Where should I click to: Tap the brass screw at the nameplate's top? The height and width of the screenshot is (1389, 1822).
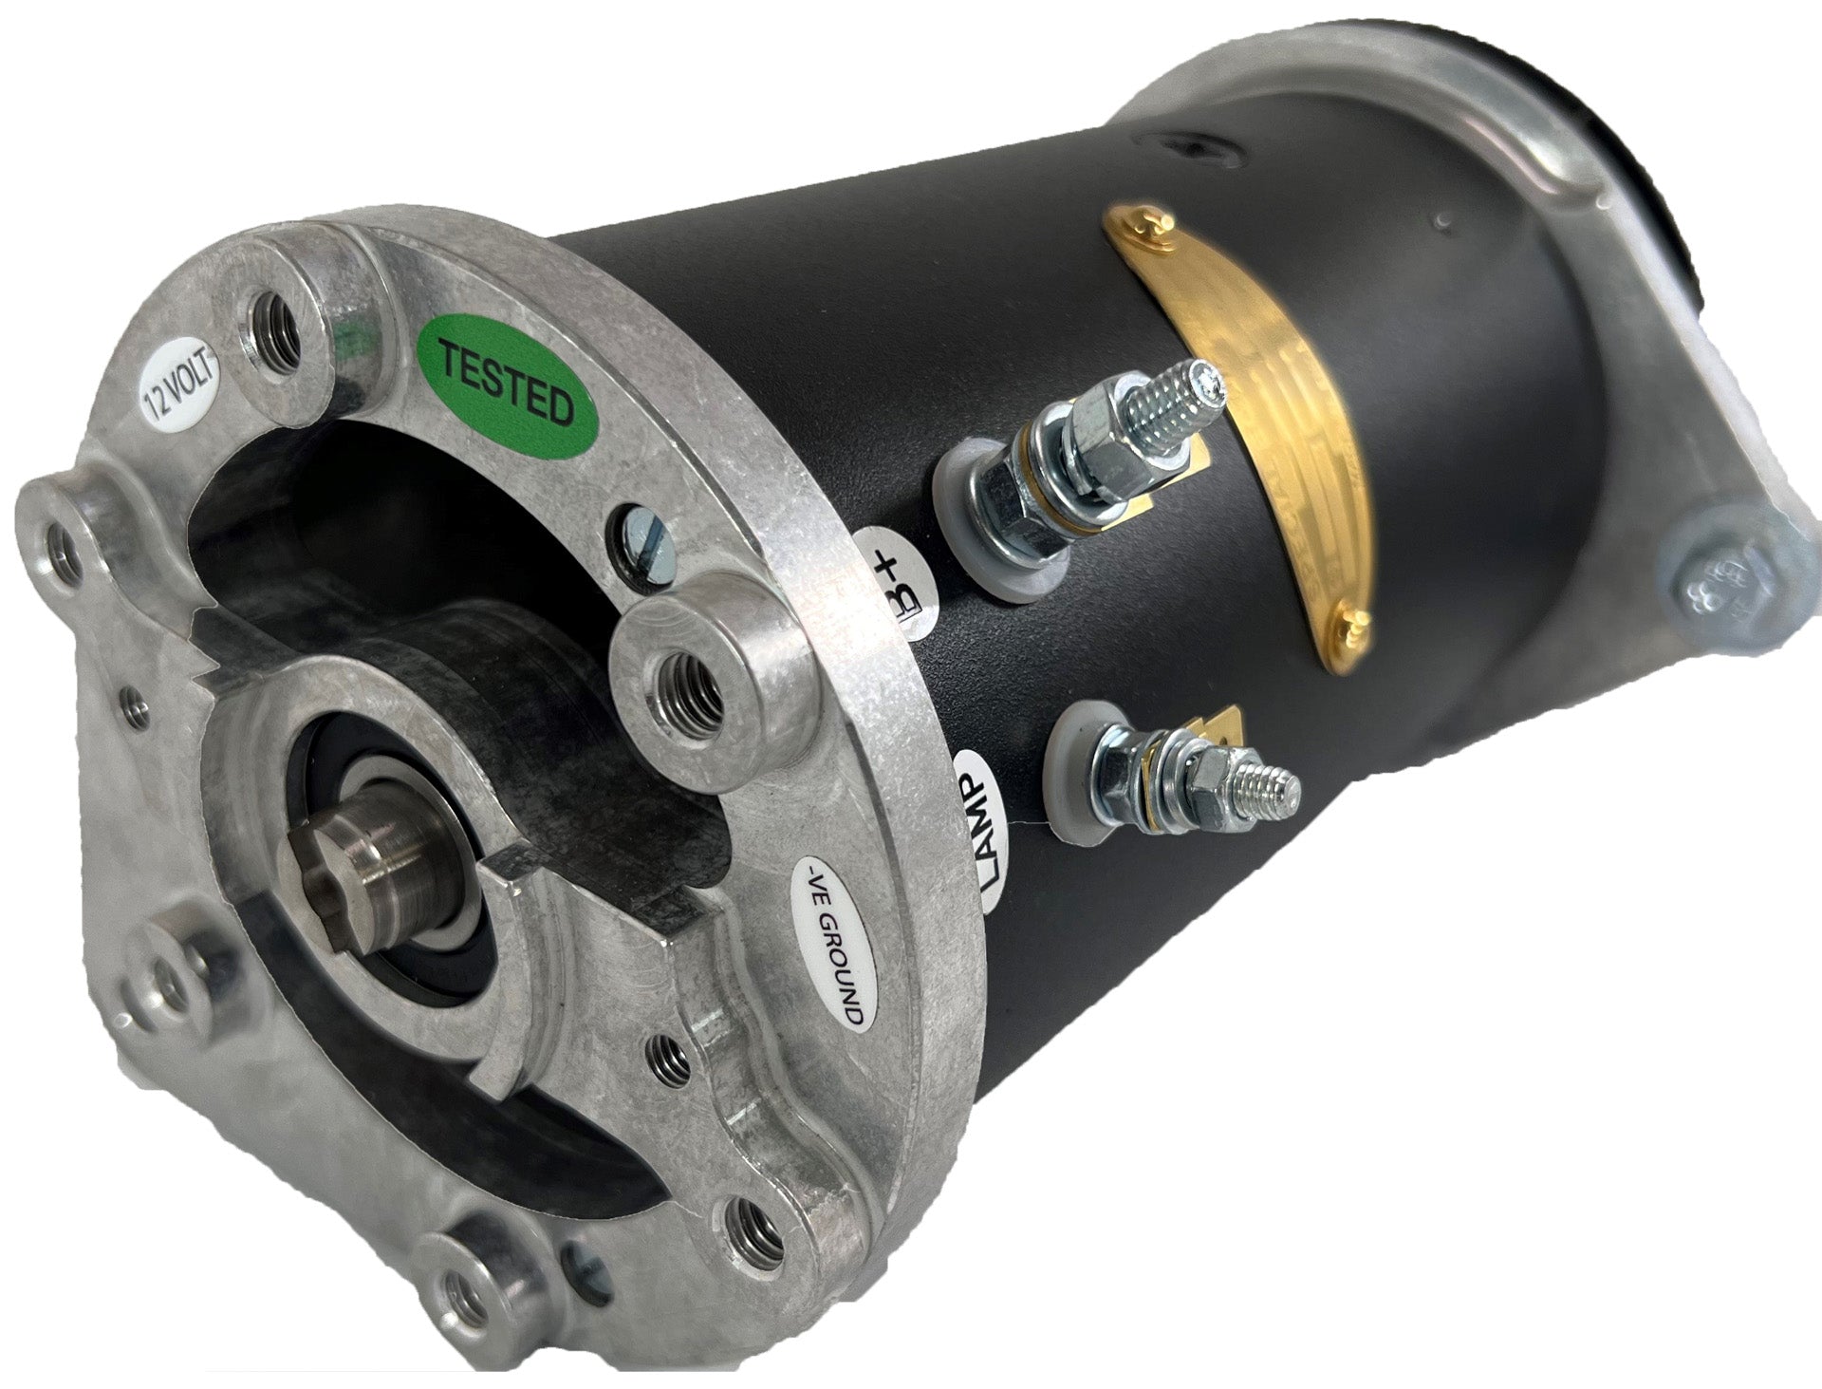point(1151,227)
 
